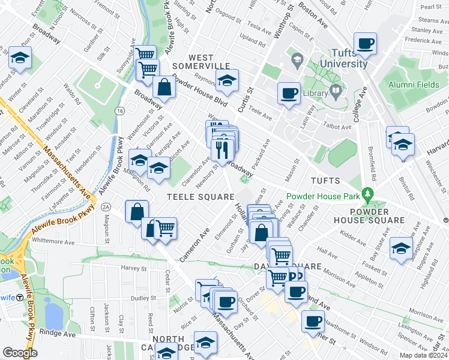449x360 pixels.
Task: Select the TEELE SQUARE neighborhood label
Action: click(x=200, y=197)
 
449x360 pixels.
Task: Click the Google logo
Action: click(x=19, y=353)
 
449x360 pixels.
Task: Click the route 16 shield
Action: click(x=121, y=112)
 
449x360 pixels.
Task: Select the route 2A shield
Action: click(x=106, y=206)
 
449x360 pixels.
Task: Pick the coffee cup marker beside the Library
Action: click(x=289, y=94)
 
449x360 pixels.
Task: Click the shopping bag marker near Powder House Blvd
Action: click(x=164, y=87)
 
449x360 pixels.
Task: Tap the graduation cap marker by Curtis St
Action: click(x=227, y=81)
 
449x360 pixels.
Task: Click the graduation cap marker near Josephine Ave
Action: click(x=401, y=248)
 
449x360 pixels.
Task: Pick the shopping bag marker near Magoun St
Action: click(x=137, y=212)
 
